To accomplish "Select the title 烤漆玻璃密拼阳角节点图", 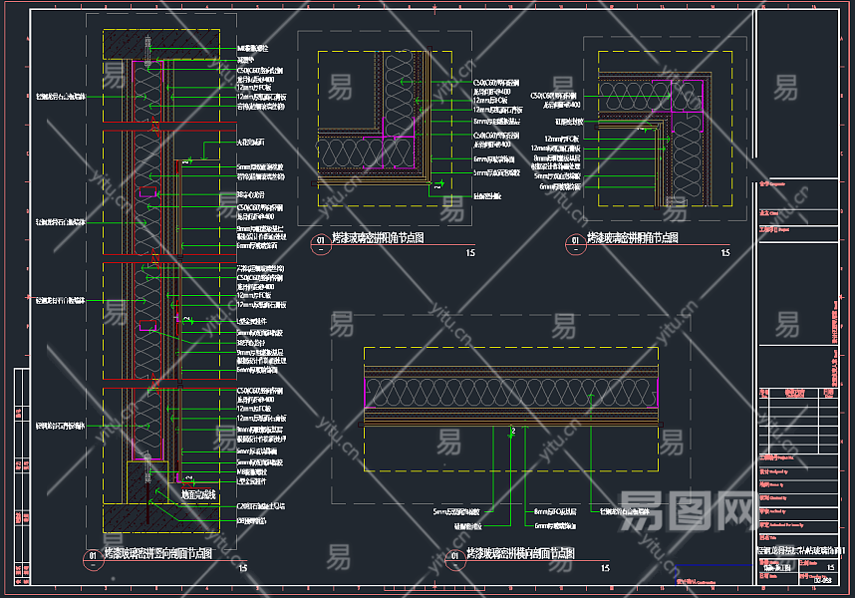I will coord(378,238).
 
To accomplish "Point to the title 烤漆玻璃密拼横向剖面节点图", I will coord(520,553).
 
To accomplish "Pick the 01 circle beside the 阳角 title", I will coord(320,240).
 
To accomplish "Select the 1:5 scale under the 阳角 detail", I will coord(469,253).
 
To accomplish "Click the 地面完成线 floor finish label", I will coord(198,494).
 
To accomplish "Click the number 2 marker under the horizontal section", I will coord(512,431).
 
